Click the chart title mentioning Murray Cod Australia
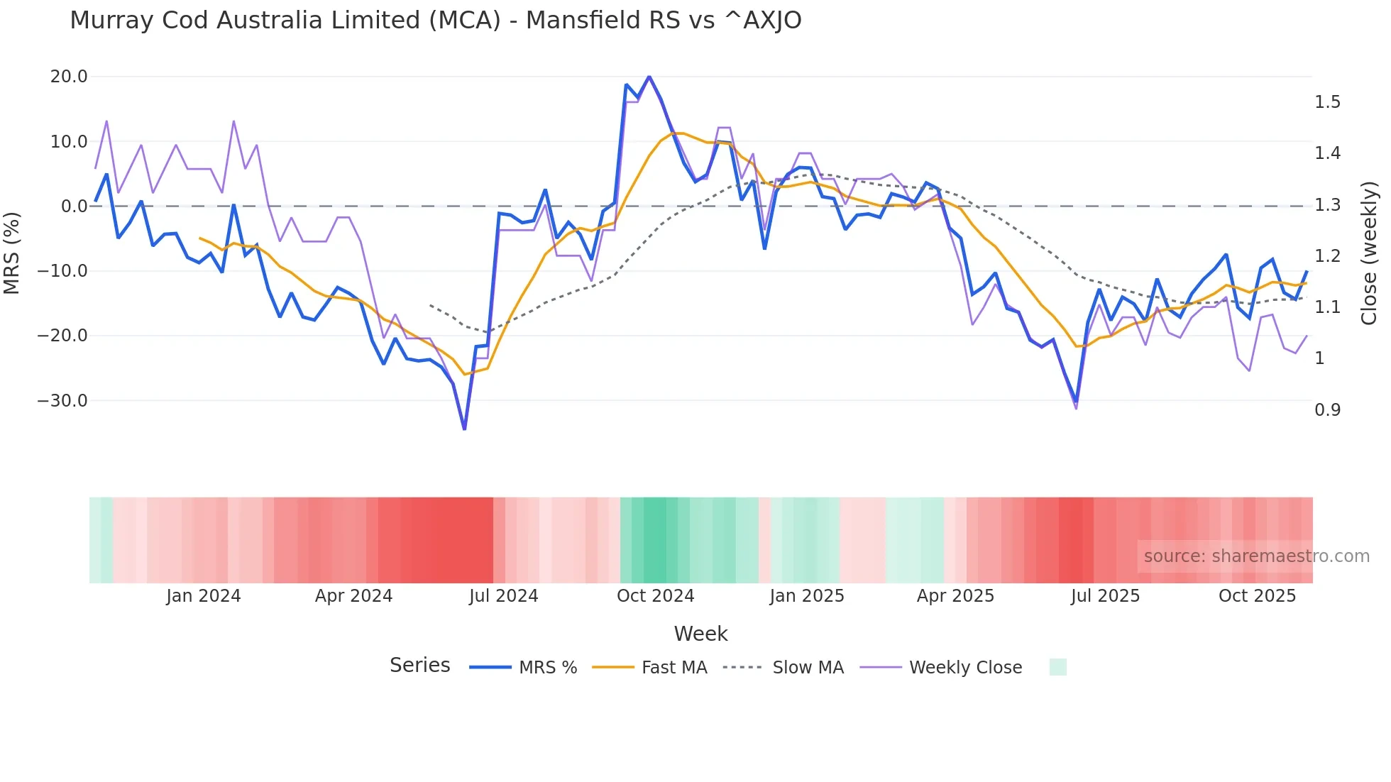coord(435,20)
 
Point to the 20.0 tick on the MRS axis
coord(69,77)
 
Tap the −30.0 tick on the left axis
coord(62,401)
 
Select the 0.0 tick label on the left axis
coord(74,206)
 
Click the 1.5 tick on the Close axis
coord(1327,102)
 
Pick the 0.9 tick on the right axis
coord(1327,410)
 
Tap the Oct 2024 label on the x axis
coord(655,596)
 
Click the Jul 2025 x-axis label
coord(1105,596)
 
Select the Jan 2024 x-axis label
coord(204,596)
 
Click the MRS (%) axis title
coord(12,253)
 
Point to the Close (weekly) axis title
coord(1369,253)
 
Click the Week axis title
coord(700,634)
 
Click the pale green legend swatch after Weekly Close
coord(1057,667)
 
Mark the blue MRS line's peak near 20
coord(649,77)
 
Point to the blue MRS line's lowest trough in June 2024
coord(464,429)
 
